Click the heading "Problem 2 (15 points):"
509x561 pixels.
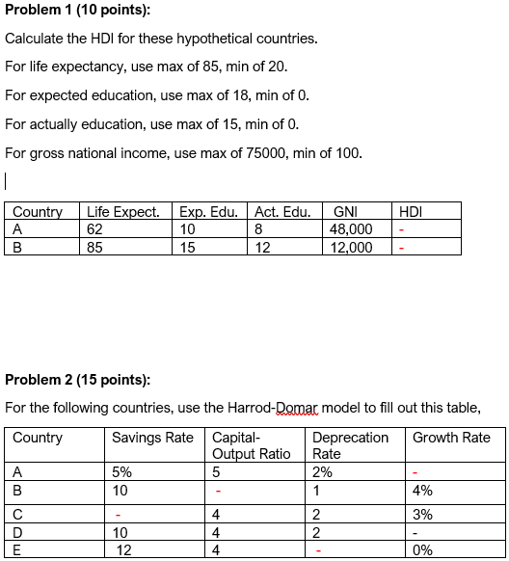point(78,380)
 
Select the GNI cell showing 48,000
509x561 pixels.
point(352,229)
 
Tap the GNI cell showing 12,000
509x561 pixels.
point(352,247)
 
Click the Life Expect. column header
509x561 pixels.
point(123,212)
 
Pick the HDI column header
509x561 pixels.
point(410,212)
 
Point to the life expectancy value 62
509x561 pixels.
point(94,229)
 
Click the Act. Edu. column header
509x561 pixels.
point(283,212)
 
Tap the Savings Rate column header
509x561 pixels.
point(152,438)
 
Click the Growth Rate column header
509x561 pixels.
point(451,438)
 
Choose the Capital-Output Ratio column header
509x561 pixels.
point(251,445)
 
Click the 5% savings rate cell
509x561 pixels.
point(122,472)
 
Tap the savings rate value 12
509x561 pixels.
point(124,550)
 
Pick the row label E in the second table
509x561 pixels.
point(17,550)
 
